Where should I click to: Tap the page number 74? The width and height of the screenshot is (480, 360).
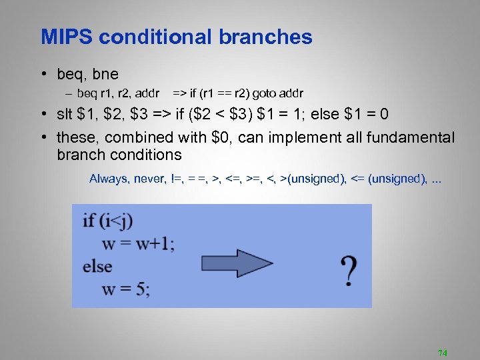click(x=441, y=352)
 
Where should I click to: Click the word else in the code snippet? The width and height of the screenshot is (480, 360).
click(x=97, y=267)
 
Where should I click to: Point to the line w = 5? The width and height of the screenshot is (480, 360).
click(x=125, y=289)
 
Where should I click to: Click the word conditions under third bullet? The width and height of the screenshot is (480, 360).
click(x=149, y=155)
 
